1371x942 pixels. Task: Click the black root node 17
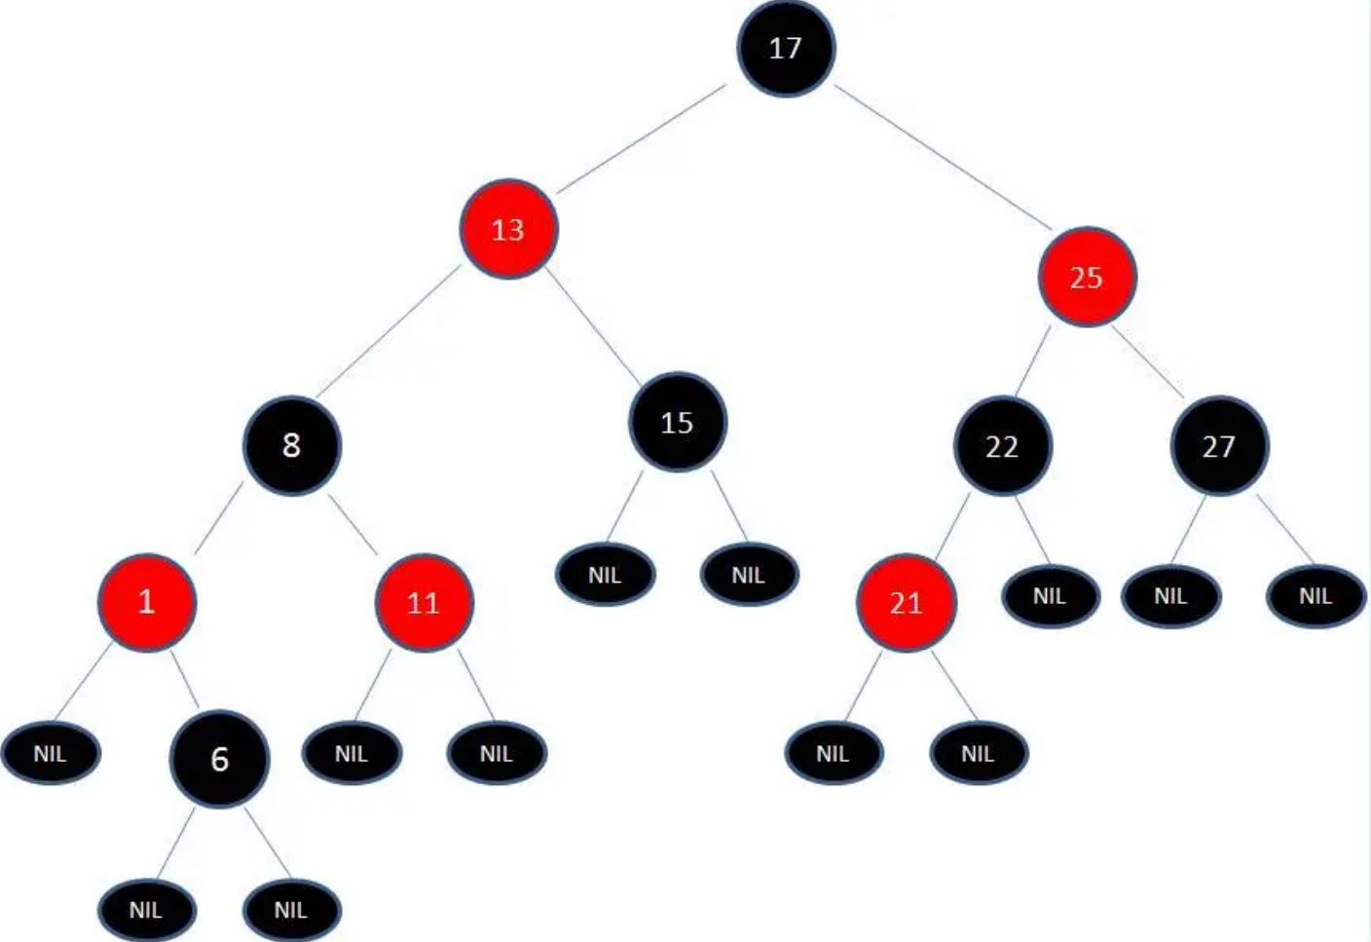tap(785, 48)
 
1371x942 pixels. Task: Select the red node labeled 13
tap(508, 229)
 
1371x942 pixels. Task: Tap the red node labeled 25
tap(1086, 278)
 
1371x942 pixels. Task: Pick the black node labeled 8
tap(291, 445)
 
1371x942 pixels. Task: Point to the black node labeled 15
tap(677, 423)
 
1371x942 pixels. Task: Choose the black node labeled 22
tap(1002, 446)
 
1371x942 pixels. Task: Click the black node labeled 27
tap(1218, 446)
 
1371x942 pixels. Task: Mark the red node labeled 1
tap(147, 602)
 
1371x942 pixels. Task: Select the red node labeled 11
tap(424, 603)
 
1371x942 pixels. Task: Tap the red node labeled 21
tap(906, 603)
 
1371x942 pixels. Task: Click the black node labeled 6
tap(219, 759)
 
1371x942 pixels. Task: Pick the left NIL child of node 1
tap(51, 753)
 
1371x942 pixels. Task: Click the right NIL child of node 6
tap(291, 910)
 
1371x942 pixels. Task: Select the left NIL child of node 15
tap(605, 575)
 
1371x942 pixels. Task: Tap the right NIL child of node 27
tap(1315, 595)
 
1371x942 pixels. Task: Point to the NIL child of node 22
tap(1050, 595)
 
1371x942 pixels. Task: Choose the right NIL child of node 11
tap(496, 753)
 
